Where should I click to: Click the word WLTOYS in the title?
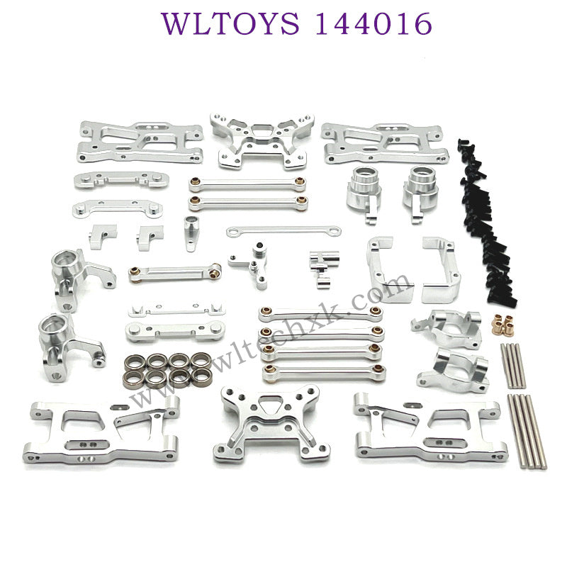coord(230,23)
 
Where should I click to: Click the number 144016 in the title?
coord(374,23)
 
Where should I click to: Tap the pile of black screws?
coord(485,220)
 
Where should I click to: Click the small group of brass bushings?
coord(503,324)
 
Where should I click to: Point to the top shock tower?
coord(262,141)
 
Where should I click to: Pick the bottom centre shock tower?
coord(271,424)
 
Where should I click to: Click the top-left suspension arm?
coord(140,142)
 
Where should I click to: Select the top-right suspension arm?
coord(385,143)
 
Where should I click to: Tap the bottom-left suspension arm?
coord(101,430)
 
